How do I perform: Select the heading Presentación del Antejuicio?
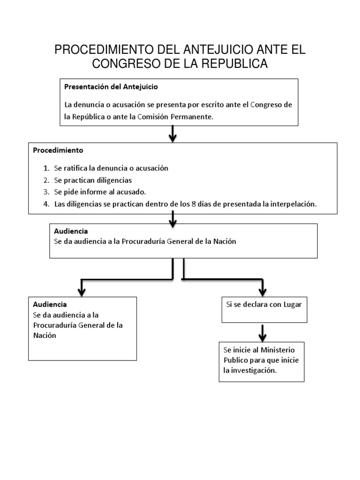coord(111,87)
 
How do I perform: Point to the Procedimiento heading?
coord(58,150)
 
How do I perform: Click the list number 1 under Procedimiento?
coord(46,168)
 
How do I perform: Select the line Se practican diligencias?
coord(93,180)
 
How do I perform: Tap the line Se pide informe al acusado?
coord(100,192)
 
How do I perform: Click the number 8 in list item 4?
coord(203,204)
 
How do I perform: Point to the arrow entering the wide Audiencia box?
coord(174,218)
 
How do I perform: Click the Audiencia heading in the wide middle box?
coord(71,231)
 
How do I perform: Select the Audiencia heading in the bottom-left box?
coord(50,304)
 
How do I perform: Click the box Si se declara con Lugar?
coord(264,309)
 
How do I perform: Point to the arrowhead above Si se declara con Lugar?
coord(263,290)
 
